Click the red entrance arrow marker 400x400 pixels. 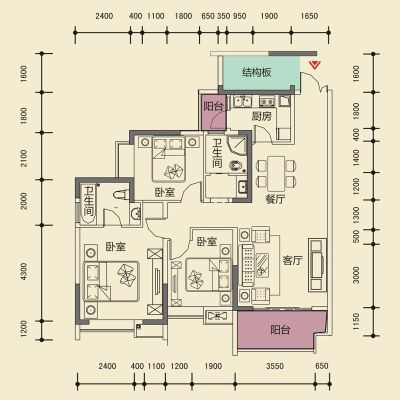tap(314, 64)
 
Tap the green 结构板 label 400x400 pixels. tap(257, 72)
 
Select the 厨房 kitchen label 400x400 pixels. tap(261, 116)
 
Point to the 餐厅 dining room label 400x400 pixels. tap(275, 199)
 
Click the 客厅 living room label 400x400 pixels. tap(293, 260)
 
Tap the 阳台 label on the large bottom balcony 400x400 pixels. tap(280, 330)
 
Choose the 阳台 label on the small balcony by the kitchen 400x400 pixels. tap(213, 106)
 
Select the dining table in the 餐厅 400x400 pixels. tap(276, 173)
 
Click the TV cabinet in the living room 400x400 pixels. tap(317, 264)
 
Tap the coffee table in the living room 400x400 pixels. tap(262, 265)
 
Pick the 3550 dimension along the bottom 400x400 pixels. tap(275, 366)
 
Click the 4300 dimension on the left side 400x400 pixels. tap(23, 271)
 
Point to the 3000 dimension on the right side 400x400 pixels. tap(356, 275)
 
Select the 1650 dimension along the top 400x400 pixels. tap(309, 16)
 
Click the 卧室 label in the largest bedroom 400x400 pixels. tap(116, 247)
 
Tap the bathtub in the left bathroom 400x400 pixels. tap(87, 202)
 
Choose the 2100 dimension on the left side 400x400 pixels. tap(23, 158)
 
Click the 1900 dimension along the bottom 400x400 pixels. tap(213, 366)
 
